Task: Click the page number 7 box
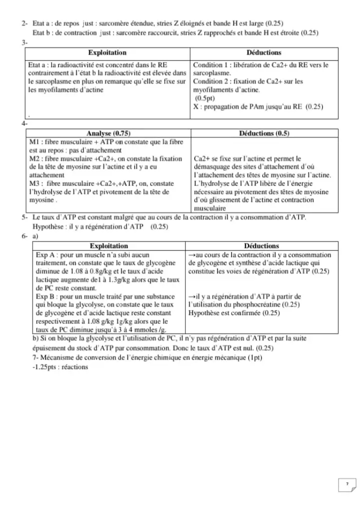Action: pos(347,483)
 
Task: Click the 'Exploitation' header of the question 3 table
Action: pos(107,52)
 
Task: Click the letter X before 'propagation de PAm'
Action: pos(195,106)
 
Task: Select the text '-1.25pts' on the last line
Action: pos(42,367)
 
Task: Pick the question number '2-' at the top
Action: pos(24,23)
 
